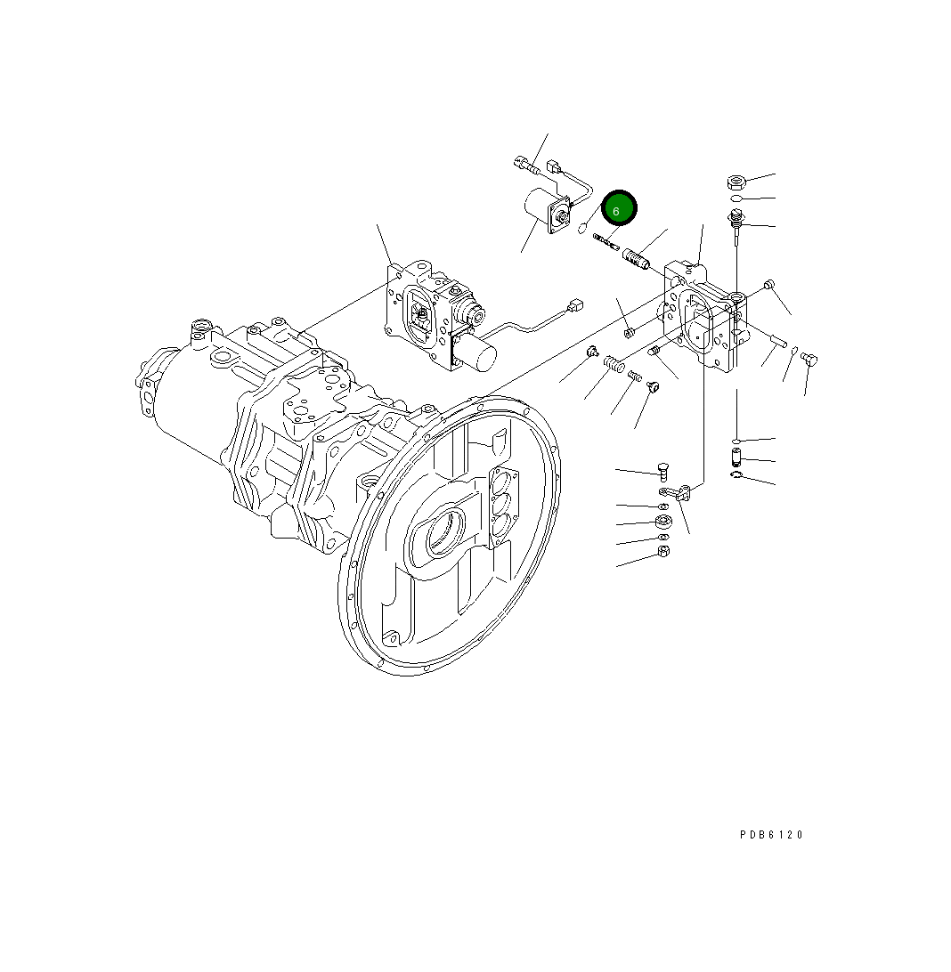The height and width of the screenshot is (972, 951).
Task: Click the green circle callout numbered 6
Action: (618, 210)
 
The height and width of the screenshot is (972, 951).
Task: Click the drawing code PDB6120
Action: (771, 835)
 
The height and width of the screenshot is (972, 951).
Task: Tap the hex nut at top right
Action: (735, 182)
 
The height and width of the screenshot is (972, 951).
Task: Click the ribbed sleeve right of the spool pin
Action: (637, 259)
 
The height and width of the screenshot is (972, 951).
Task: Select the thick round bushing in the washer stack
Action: (663, 522)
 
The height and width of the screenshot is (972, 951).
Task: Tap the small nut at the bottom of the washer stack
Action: (663, 552)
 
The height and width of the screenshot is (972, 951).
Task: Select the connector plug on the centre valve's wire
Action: (575, 306)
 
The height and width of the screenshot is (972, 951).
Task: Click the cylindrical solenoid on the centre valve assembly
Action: (476, 354)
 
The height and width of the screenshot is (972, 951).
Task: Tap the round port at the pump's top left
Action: (200, 330)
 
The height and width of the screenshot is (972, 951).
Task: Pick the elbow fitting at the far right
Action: (809, 359)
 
